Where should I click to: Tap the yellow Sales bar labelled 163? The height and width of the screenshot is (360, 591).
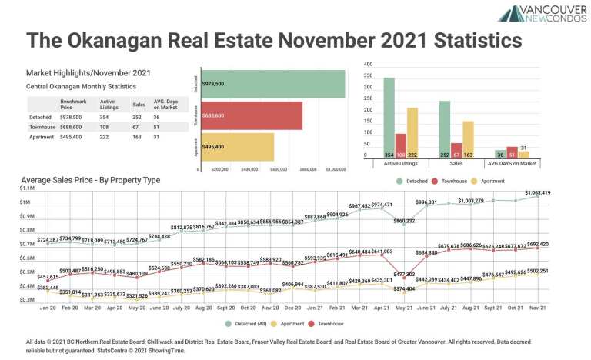(x=468, y=139)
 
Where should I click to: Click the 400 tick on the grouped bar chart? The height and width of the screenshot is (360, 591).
(x=368, y=65)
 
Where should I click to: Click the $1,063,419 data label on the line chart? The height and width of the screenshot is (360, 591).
(x=537, y=193)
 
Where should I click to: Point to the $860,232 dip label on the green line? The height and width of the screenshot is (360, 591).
(x=404, y=221)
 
